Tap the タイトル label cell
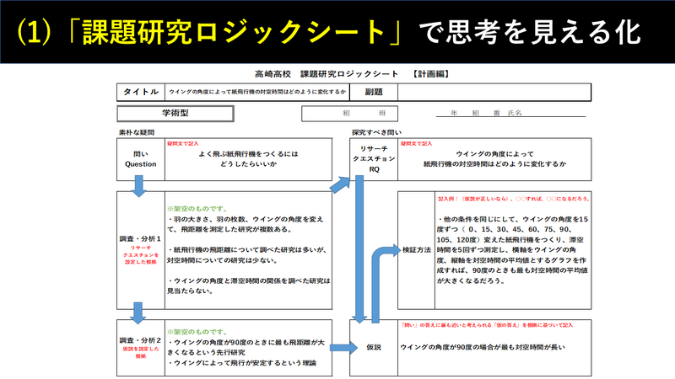pyautogui.click(x=141, y=92)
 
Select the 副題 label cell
pyautogui.click(x=374, y=92)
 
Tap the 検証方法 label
pyautogui.click(x=414, y=252)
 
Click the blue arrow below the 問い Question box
pyautogui.click(x=139, y=189)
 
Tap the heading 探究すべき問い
pyautogui.click(x=377, y=131)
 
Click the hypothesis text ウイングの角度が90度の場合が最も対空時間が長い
pyautogui.click(x=482, y=346)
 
